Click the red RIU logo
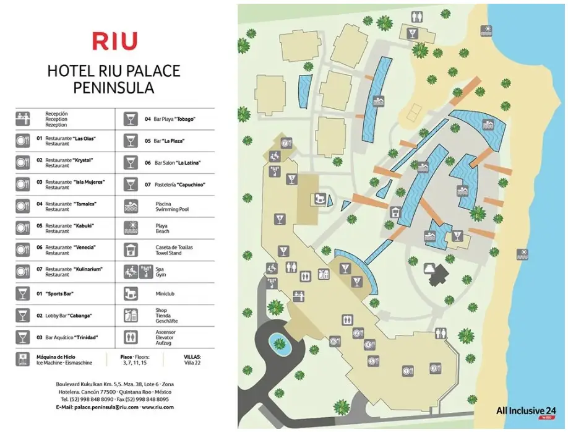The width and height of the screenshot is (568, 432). pyautogui.click(x=114, y=41)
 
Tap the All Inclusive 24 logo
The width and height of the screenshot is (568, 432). pyautogui.click(x=526, y=410)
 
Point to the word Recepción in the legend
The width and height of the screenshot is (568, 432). pyautogui.click(x=56, y=114)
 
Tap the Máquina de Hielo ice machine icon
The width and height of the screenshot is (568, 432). pyautogui.click(x=22, y=359)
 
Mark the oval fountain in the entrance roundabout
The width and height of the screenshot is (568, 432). pyautogui.click(x=280, y=342)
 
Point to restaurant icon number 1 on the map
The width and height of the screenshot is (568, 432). pyautogui.click(x=407, y=370)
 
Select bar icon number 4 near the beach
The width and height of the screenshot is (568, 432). pyautogui.click(x=412, y=32)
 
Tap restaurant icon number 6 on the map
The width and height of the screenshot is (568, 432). pyautogui.click(x=335, y=340)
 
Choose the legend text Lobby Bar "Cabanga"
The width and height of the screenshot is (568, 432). pyautogui.click(x=69, y=316)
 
